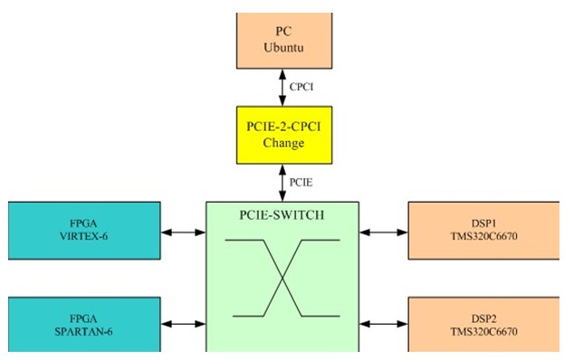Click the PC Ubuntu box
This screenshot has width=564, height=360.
[284, 41]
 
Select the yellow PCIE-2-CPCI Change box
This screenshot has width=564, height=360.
[284, 135]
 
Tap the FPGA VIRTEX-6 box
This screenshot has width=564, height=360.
[84, 231]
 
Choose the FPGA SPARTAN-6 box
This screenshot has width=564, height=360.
[84, 325]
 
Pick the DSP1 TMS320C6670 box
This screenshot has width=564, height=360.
[483, 231]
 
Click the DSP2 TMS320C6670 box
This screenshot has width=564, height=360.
[483, 325]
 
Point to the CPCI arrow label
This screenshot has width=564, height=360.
[301, 87]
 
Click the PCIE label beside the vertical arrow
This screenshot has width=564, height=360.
[301, 183]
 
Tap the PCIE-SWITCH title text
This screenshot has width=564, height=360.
[282, 215]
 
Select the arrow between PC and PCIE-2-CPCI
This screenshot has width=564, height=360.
[282, 88]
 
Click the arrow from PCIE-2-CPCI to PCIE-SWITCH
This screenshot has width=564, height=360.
[282, 183]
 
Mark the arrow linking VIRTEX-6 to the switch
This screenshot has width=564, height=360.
[184, 232]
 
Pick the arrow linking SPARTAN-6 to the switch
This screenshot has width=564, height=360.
[184, 324]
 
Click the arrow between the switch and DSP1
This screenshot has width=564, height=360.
[384, 232]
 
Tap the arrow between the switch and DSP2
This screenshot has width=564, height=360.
[384, 324]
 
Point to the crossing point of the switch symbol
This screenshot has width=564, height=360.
[282, 278]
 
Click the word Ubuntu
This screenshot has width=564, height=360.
[283, 47]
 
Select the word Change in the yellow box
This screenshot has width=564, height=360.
[283, 143]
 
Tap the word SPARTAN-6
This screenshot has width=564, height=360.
[83, 331]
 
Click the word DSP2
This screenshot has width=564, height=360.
[483, 318]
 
